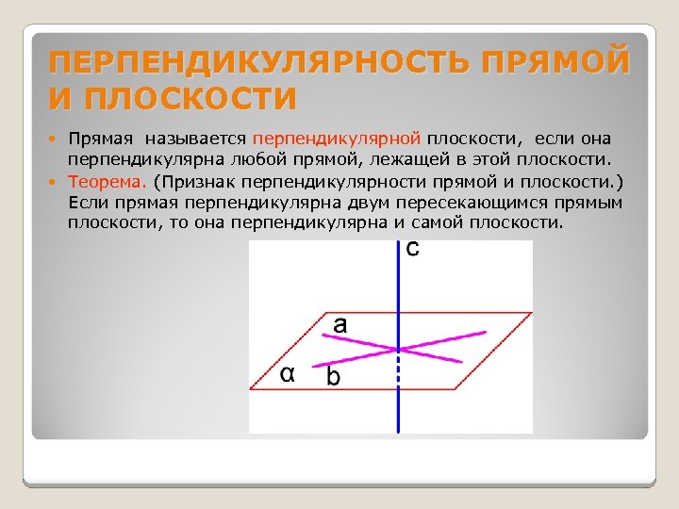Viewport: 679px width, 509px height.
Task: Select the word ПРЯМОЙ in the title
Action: [x=554, y=63]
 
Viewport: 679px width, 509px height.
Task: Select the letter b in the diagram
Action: [x=333, y=377]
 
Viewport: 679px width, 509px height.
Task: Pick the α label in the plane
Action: [x=289, y=374]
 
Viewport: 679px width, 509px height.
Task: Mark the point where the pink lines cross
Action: [x=400, y=349]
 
